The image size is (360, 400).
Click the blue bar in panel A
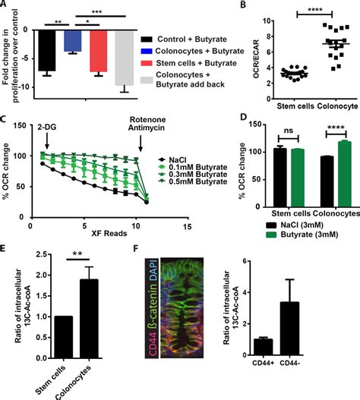[x=73, y=40]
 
